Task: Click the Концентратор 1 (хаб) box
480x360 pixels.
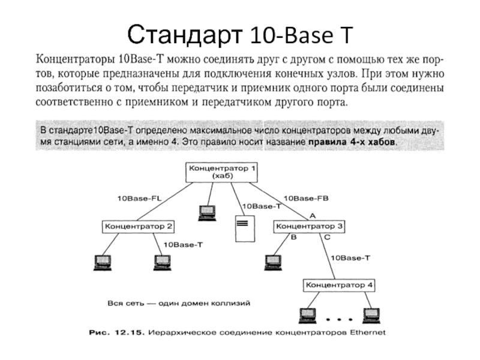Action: tap(221, 172)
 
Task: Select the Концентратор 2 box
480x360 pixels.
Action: tap(138, 227)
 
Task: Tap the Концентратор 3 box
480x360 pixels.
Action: tap(309, 227)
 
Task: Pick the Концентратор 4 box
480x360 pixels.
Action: tap(339, 286)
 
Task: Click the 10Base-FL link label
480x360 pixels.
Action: tap(140, 199)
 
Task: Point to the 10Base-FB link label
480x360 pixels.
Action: tap(306, 199)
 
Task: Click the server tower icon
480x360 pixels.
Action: tap(245, 229)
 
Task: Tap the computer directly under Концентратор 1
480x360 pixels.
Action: tap(207, 213)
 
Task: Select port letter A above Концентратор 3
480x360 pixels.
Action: tap(313, 216)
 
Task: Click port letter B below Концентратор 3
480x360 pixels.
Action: tap(293, 237)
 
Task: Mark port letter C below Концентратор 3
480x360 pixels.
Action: tap(327, 237)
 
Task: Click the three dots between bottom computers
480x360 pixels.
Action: tap(339, 320)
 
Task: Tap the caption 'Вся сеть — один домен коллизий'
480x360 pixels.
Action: tap(179, 304)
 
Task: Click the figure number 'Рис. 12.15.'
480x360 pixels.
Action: tap(116, 332)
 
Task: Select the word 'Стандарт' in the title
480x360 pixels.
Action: tap(185, 34)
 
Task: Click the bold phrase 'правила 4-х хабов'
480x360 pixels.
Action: tap(352, 142)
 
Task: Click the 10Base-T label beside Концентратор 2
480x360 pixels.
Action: tap(183, 245)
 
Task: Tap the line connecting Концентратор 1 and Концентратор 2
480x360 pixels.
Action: tap(164, 202)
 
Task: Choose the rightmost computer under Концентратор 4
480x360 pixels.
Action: tap(371, 316)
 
